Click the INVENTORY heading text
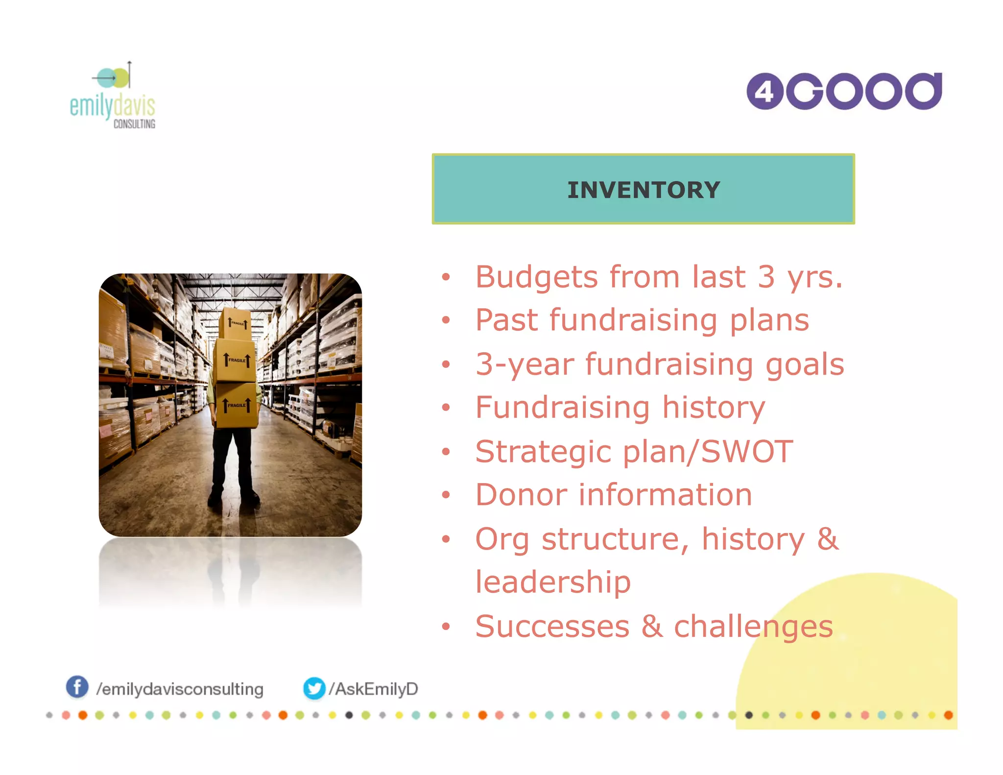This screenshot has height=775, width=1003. (x=643, y=190)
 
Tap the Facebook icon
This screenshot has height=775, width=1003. (x=77, y=687)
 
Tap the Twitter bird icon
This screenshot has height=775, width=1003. (x=314, y=688)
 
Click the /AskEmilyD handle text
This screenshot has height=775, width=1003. (x=373, y=689)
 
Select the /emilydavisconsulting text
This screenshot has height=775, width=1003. (x=180, y=689)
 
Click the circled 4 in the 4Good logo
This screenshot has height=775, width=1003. (x=764, y=92)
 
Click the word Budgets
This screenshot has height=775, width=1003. (x=537, y=277)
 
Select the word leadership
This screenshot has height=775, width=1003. (x=553, y=582)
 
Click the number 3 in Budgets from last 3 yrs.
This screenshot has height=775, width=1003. (x=766, y=277)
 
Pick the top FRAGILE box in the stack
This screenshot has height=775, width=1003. (x=236, y=324)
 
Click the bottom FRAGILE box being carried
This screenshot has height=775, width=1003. (x=237, y=405)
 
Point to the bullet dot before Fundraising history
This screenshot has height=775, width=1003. (x=446, y=408)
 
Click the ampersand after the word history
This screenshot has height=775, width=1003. (x=828, y=539)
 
